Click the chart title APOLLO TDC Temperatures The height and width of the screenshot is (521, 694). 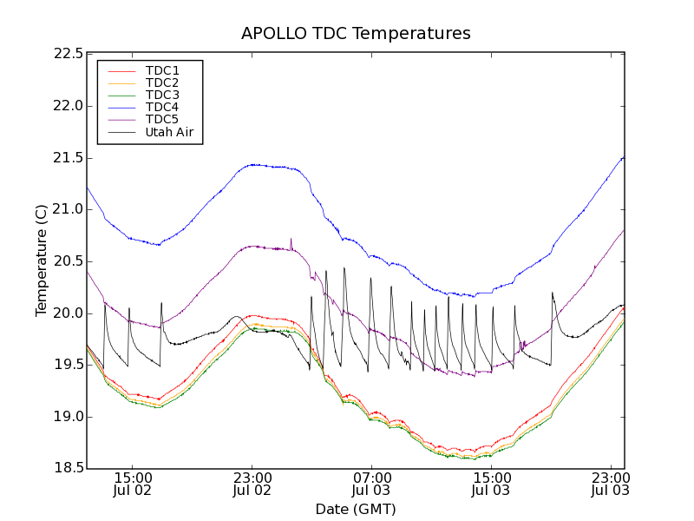356,34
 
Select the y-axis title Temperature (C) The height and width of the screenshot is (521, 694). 42,260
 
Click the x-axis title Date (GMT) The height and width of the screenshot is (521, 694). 356,509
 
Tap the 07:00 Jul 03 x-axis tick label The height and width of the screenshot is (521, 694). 371,484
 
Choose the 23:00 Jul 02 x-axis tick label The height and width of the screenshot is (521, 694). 252,484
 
